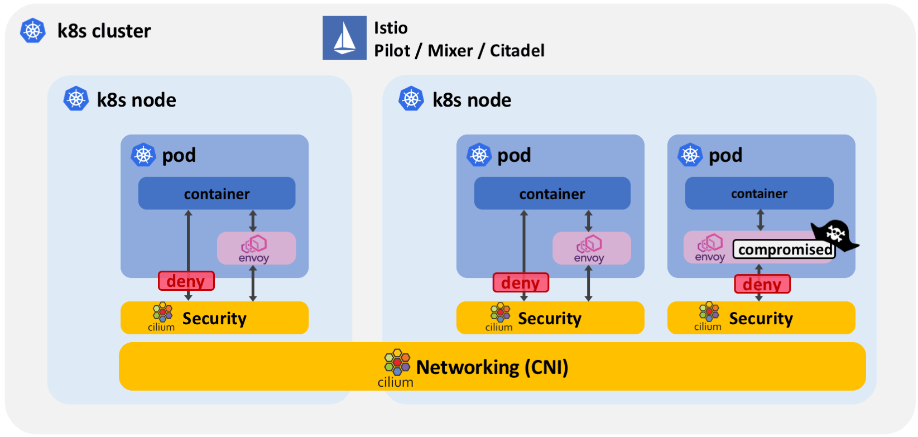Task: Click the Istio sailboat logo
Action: click(344, 38)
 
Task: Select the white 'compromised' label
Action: click(785, 249)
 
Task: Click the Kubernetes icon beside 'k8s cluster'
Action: click(33, 30)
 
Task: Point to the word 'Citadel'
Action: click(517, 51)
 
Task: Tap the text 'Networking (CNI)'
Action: click(492, 367)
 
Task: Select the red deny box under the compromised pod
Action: click(762, 284)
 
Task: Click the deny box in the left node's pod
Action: click(186, 281)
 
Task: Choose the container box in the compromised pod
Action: click(759, 193)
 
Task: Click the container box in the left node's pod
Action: click(217, 193)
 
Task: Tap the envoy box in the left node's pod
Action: click(256, 248)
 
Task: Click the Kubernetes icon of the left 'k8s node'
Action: click(76, 99)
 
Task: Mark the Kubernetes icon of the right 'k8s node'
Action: click(411, 99)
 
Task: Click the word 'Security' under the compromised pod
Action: click(761, 319)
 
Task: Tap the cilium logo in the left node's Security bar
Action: click(161, 317)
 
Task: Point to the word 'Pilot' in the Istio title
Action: click(392, 51)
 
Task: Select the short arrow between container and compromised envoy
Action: click(760, 220)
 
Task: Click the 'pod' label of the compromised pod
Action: click(725, 156)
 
